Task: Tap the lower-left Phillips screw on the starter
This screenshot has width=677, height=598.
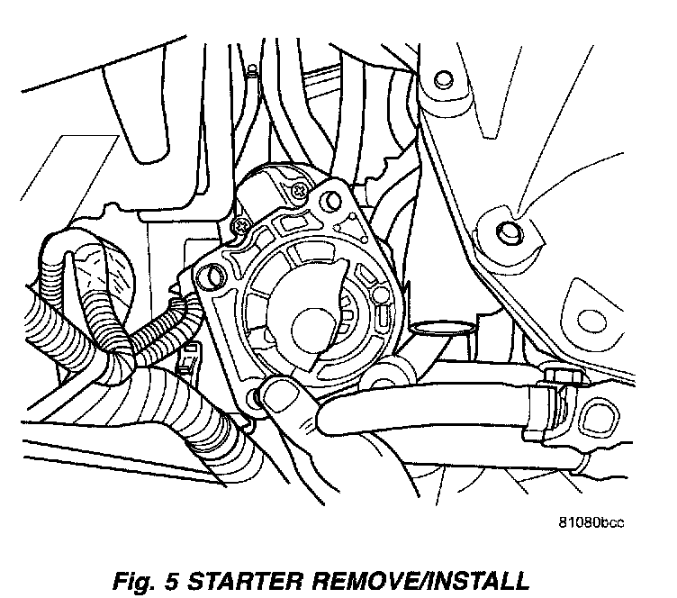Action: (239, 223)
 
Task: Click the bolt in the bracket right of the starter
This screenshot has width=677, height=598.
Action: (509, 232)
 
